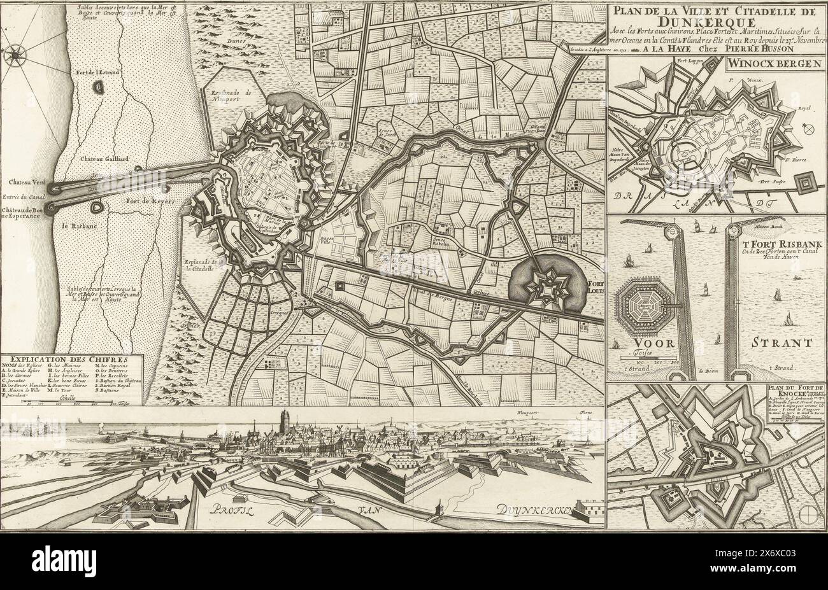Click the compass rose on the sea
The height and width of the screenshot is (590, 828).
tap(15, 57)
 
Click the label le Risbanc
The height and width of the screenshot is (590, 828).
tap(75, 224)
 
